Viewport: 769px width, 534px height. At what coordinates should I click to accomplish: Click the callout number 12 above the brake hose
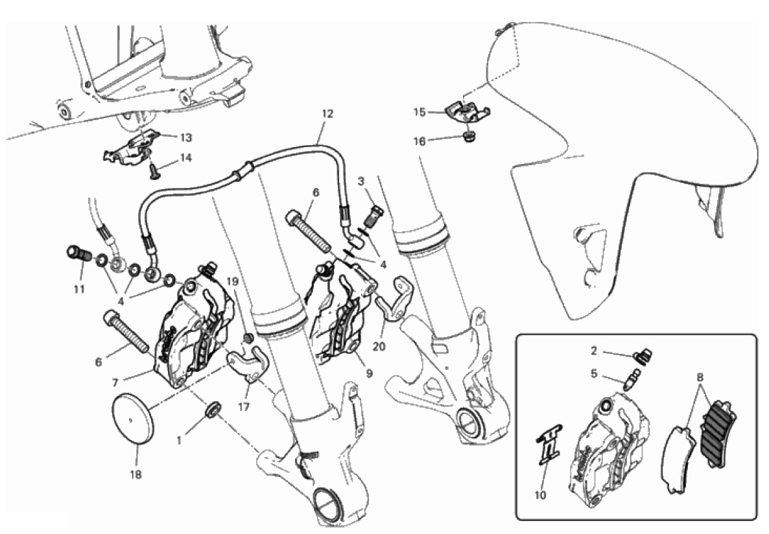click(x=327, y=114)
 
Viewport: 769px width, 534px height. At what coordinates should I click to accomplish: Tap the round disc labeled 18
click(x=134, y=420)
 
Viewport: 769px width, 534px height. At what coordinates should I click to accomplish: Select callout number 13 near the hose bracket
click(x=186, y=138)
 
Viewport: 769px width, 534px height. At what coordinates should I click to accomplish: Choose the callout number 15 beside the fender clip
click(x=420, y=112)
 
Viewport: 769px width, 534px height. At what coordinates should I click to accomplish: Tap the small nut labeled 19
click(x=248, y=338)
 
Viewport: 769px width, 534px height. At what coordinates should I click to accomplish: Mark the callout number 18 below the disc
click(x=136, y=474)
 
